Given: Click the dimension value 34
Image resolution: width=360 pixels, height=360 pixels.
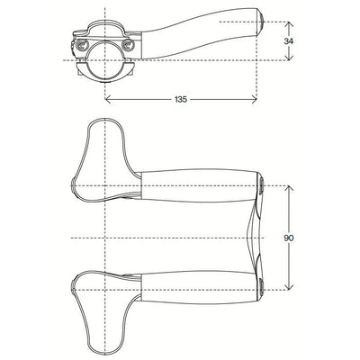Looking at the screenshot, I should (x=288, y=41).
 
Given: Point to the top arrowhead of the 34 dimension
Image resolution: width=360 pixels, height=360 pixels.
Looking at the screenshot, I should (x=288, y=24).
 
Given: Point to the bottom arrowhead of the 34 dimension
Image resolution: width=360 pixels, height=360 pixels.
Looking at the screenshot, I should (x=288, y=58).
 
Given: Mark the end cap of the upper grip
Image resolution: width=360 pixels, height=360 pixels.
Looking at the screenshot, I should (x=258, y=186).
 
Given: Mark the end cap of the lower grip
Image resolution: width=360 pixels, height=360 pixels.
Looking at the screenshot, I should (x=258, y=287).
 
